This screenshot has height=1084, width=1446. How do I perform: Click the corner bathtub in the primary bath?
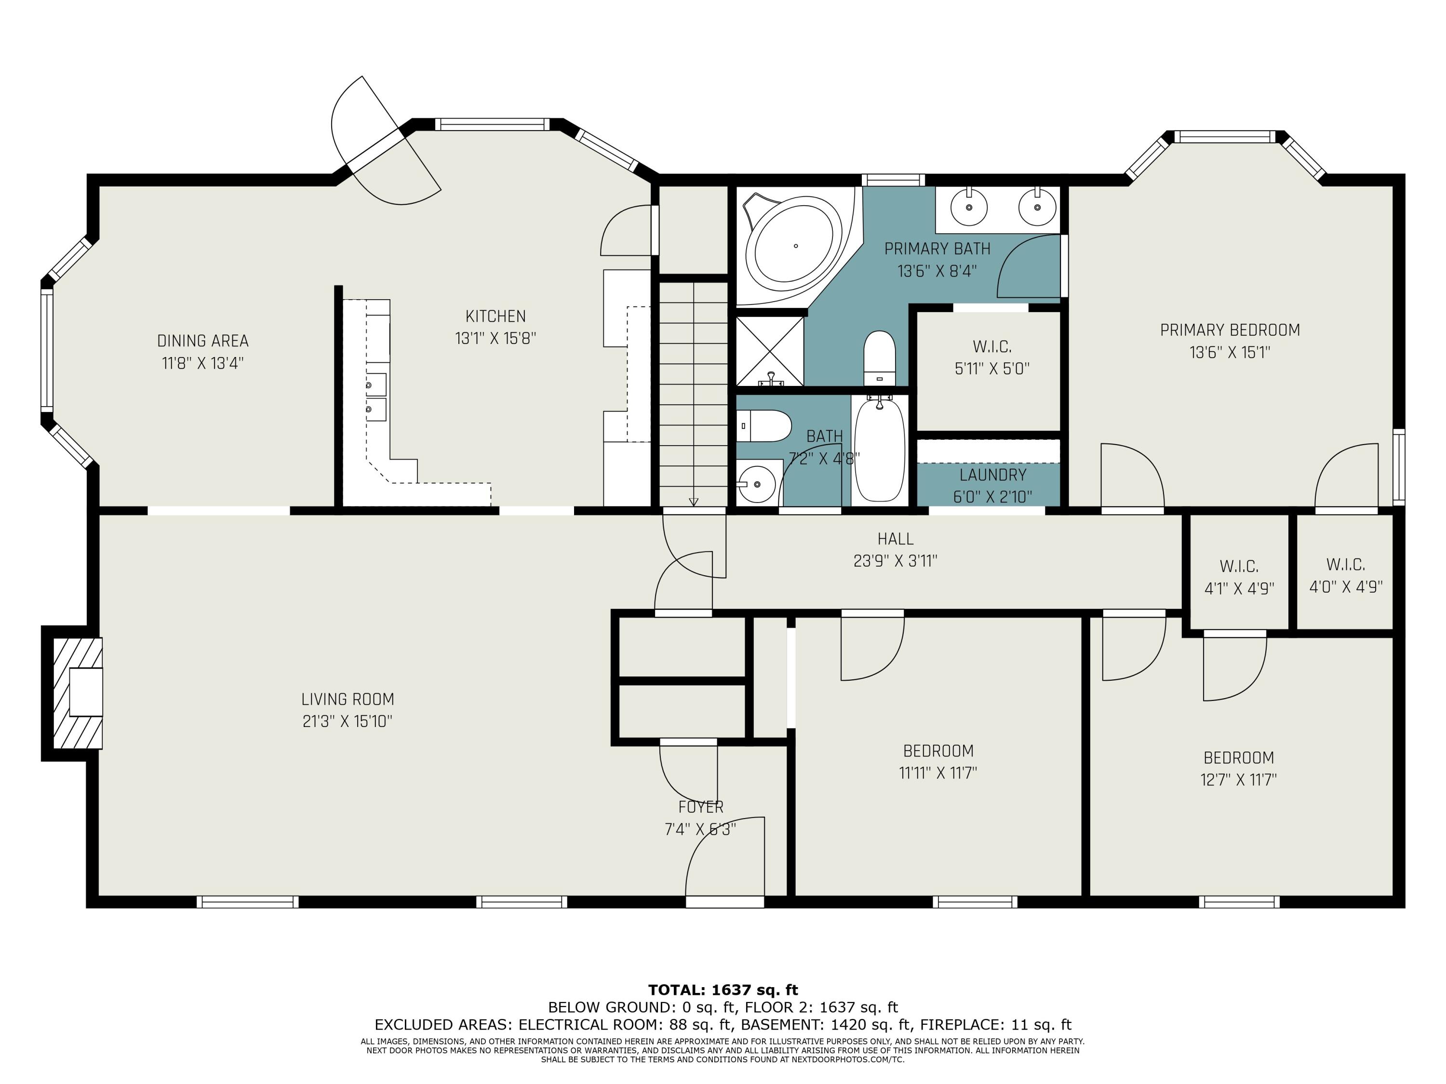793,246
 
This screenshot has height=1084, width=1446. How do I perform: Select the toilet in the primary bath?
879,359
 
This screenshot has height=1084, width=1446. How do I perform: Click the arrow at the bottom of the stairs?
694,501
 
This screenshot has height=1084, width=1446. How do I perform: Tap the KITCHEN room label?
495,316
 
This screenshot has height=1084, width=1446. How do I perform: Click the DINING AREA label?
202,341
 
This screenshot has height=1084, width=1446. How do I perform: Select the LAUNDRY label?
993,475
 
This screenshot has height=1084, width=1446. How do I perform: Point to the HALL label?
895,539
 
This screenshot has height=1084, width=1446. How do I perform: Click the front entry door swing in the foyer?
724,859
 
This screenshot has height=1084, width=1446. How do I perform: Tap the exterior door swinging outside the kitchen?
386,141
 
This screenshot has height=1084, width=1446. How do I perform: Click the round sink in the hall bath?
757,484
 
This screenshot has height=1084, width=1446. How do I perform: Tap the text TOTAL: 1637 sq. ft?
723,990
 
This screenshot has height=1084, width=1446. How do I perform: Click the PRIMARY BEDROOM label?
1230,330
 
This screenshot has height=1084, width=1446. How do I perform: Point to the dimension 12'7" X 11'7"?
1238,780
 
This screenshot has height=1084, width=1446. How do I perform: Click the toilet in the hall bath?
765,426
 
